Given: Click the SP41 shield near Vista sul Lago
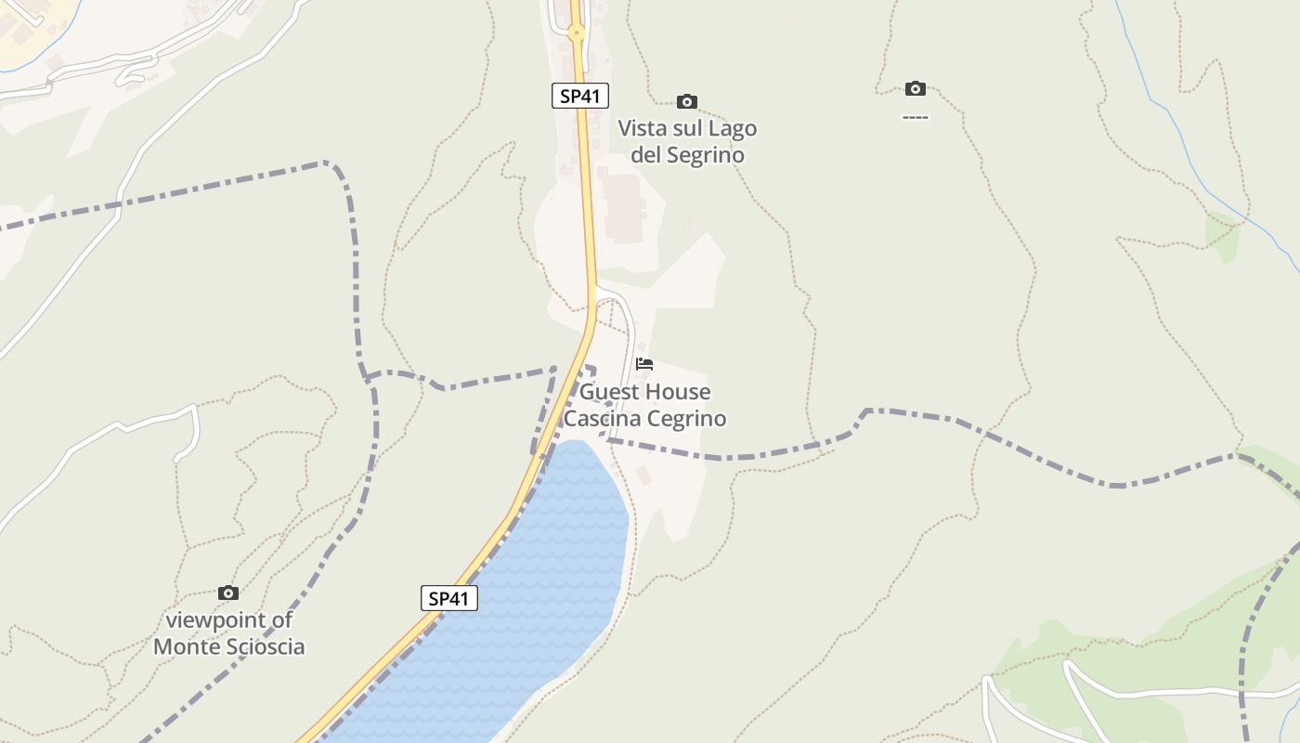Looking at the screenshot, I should (580, 96).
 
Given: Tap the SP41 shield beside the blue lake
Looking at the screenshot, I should (449, 598).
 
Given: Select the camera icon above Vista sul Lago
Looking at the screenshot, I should (687, 101).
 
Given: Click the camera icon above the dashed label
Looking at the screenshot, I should (916, 88).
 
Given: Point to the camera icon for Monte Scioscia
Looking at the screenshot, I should (228, 593).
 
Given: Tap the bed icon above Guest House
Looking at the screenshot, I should (644, 363).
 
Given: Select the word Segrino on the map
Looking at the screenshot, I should (706, 155).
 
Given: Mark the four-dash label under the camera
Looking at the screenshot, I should (915, 117).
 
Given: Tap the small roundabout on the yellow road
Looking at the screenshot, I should (576, 33).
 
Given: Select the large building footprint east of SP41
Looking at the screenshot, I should (623, 207).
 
